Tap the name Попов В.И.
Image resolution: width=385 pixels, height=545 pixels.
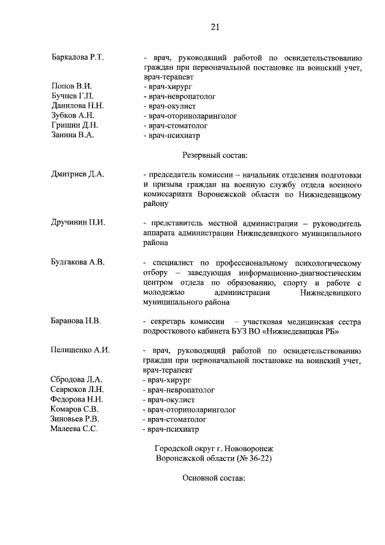point(72,86)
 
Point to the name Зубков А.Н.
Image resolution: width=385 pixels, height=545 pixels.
point(74,115)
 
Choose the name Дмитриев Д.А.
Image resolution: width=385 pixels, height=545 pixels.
point(78,174)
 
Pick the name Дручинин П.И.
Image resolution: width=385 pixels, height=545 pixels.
point(78,222)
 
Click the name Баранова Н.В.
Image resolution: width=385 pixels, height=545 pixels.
point(76,320)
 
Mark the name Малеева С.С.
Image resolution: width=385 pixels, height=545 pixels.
point(75,429)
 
